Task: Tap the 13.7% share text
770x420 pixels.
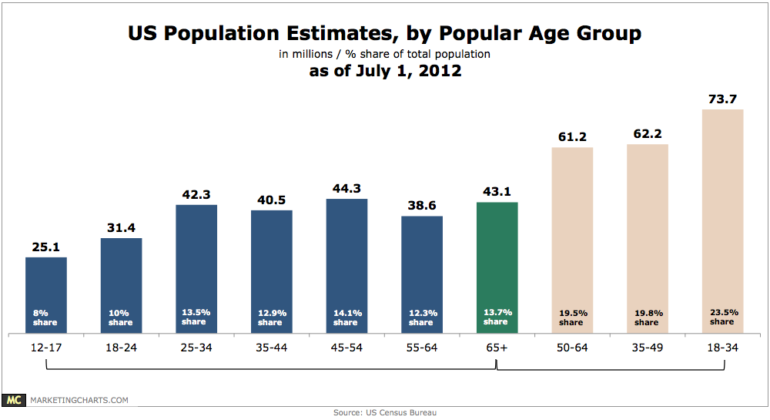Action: (x=497, y=317)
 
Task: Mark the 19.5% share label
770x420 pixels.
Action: (x=572, y=317)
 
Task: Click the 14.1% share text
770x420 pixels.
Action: (x=346, y=317)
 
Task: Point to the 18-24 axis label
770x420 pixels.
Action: (x=121, y=348)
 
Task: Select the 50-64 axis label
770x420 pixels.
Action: (x=572, y=348)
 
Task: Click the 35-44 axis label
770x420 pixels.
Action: (x=272, y=348)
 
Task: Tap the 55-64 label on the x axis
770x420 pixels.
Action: (x=422, y=348)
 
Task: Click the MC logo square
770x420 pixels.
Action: (x=14, y=400)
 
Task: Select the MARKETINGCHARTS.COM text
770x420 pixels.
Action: (x=79, y=401)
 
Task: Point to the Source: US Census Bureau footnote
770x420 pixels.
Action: (x=385, y=413)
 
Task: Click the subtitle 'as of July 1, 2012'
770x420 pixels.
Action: (x=385, y=72)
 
